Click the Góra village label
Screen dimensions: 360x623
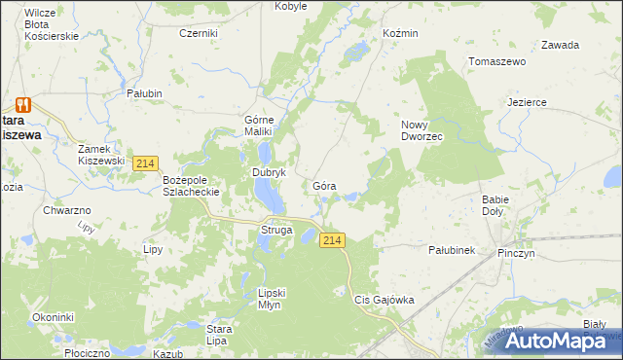pos(325,185)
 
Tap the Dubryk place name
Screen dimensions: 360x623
pos(268,172)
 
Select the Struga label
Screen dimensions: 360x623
pos(275,230)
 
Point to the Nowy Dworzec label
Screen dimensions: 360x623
pos(422,130)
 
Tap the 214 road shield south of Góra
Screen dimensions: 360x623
pos(333,240)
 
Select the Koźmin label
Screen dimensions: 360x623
pos(400,33)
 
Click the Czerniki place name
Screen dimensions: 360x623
pos(199,33)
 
